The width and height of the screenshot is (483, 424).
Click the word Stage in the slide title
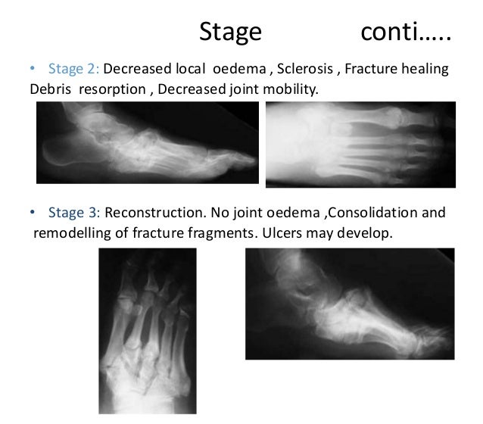(230, 32)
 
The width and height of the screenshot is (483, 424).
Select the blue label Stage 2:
(74, 69)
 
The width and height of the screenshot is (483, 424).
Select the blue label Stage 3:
(74, 213)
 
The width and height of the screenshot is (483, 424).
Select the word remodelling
(70, 232)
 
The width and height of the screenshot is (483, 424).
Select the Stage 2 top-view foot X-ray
(360, 144)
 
